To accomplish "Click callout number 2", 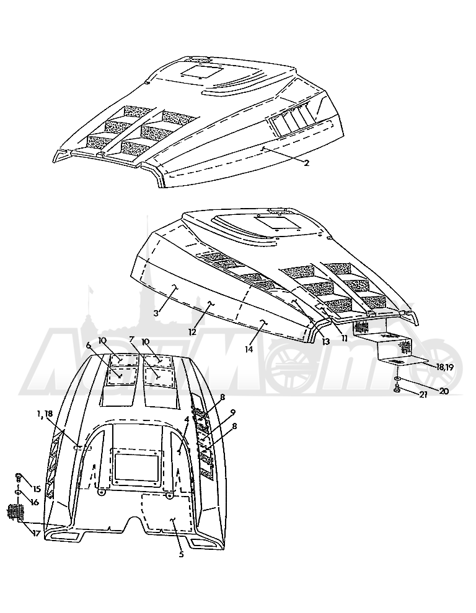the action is click(x=307, y=163).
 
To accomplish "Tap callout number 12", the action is click(x=192, y=332).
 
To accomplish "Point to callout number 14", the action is click(x=249, y=349).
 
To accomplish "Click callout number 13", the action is click(x=326, y=341).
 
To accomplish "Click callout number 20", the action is click(x=444, y=390).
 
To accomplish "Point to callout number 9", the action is click(x=232, y=412).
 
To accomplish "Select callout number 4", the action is click(x=187, y=419).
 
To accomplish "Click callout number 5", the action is click(x=181, y=554).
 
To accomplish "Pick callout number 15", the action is click(x=37, y=489).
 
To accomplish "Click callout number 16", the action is click(x=35, y=502).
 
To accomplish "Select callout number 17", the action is click(x=36, y=533).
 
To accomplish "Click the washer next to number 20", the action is click(x=398, y=378).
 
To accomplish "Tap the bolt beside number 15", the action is click(x=19, y=477).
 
